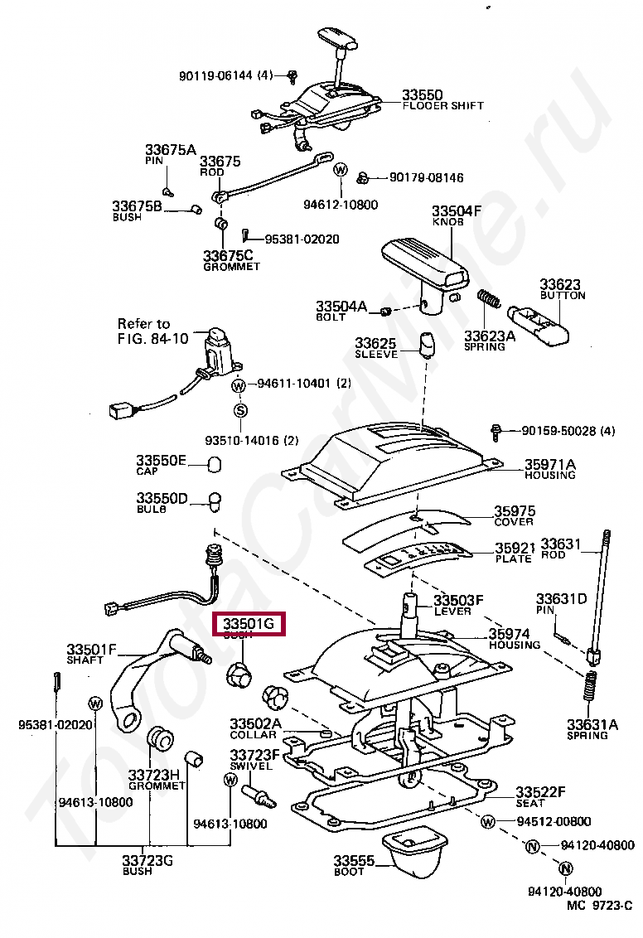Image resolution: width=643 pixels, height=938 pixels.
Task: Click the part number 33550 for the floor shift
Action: [423, 95]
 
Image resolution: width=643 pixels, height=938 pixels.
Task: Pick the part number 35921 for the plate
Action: [515, 549]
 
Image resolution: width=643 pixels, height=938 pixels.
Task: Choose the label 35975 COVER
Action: [515, 515]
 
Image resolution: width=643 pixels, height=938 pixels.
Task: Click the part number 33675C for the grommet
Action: [228, 256]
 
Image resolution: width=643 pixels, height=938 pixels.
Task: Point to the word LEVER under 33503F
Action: [452, 611]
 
